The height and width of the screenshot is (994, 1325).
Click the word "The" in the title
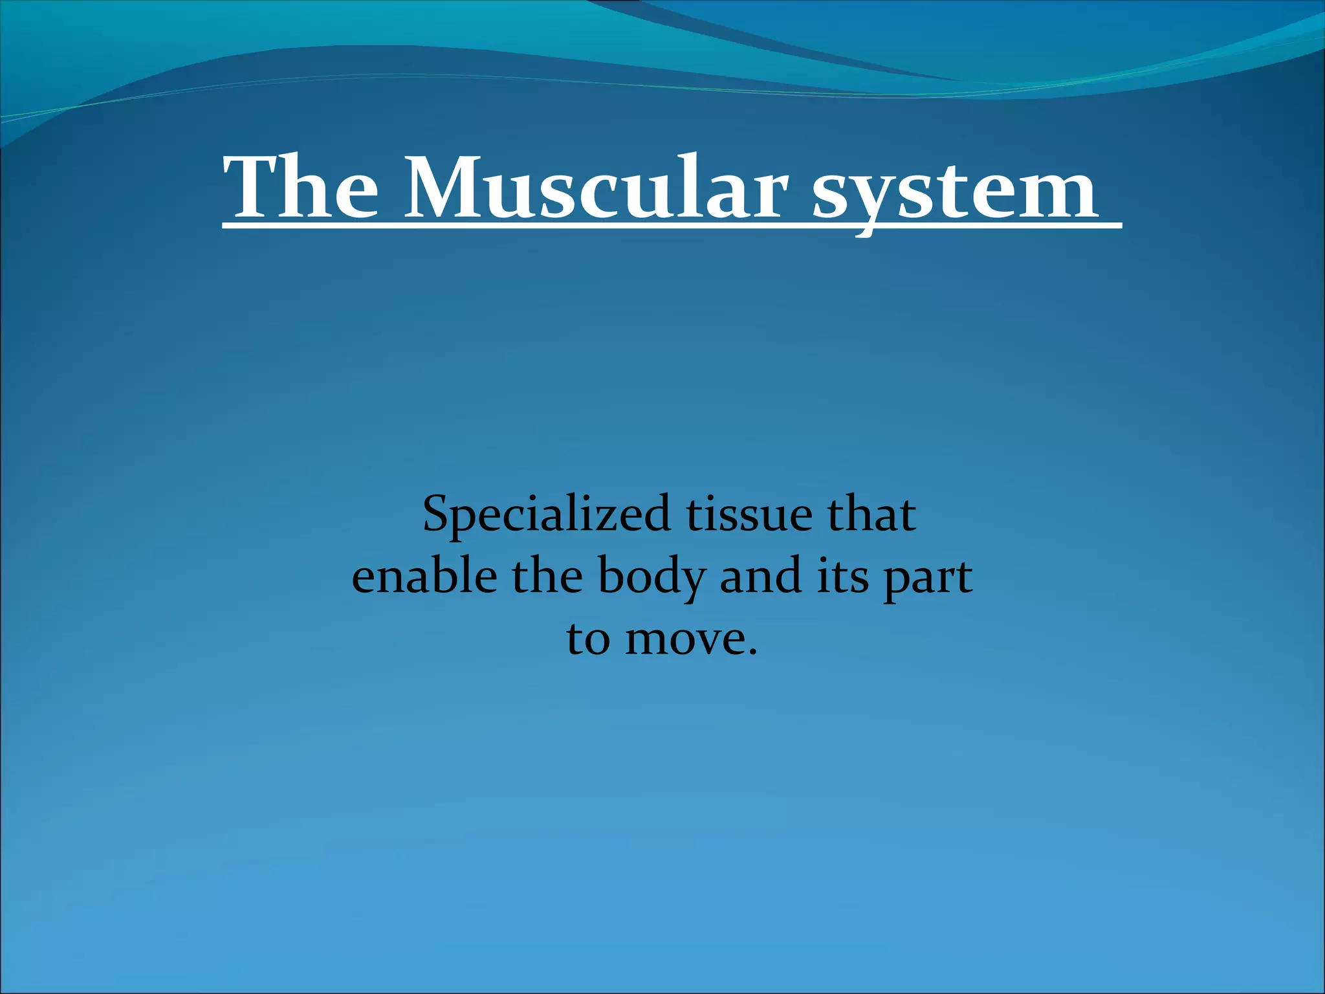point(301,188)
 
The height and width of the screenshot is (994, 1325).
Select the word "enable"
point(424,577)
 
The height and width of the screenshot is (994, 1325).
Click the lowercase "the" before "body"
point(547,577)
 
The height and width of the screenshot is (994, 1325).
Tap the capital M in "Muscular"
point(446,188)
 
